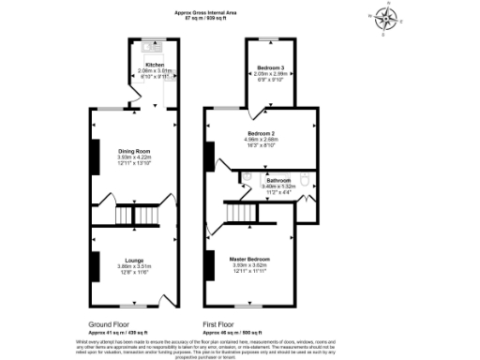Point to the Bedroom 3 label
pos(271,68)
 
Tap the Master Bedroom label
pos(251,259)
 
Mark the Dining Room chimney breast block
pos(94,155)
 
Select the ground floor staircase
pos(135,217)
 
